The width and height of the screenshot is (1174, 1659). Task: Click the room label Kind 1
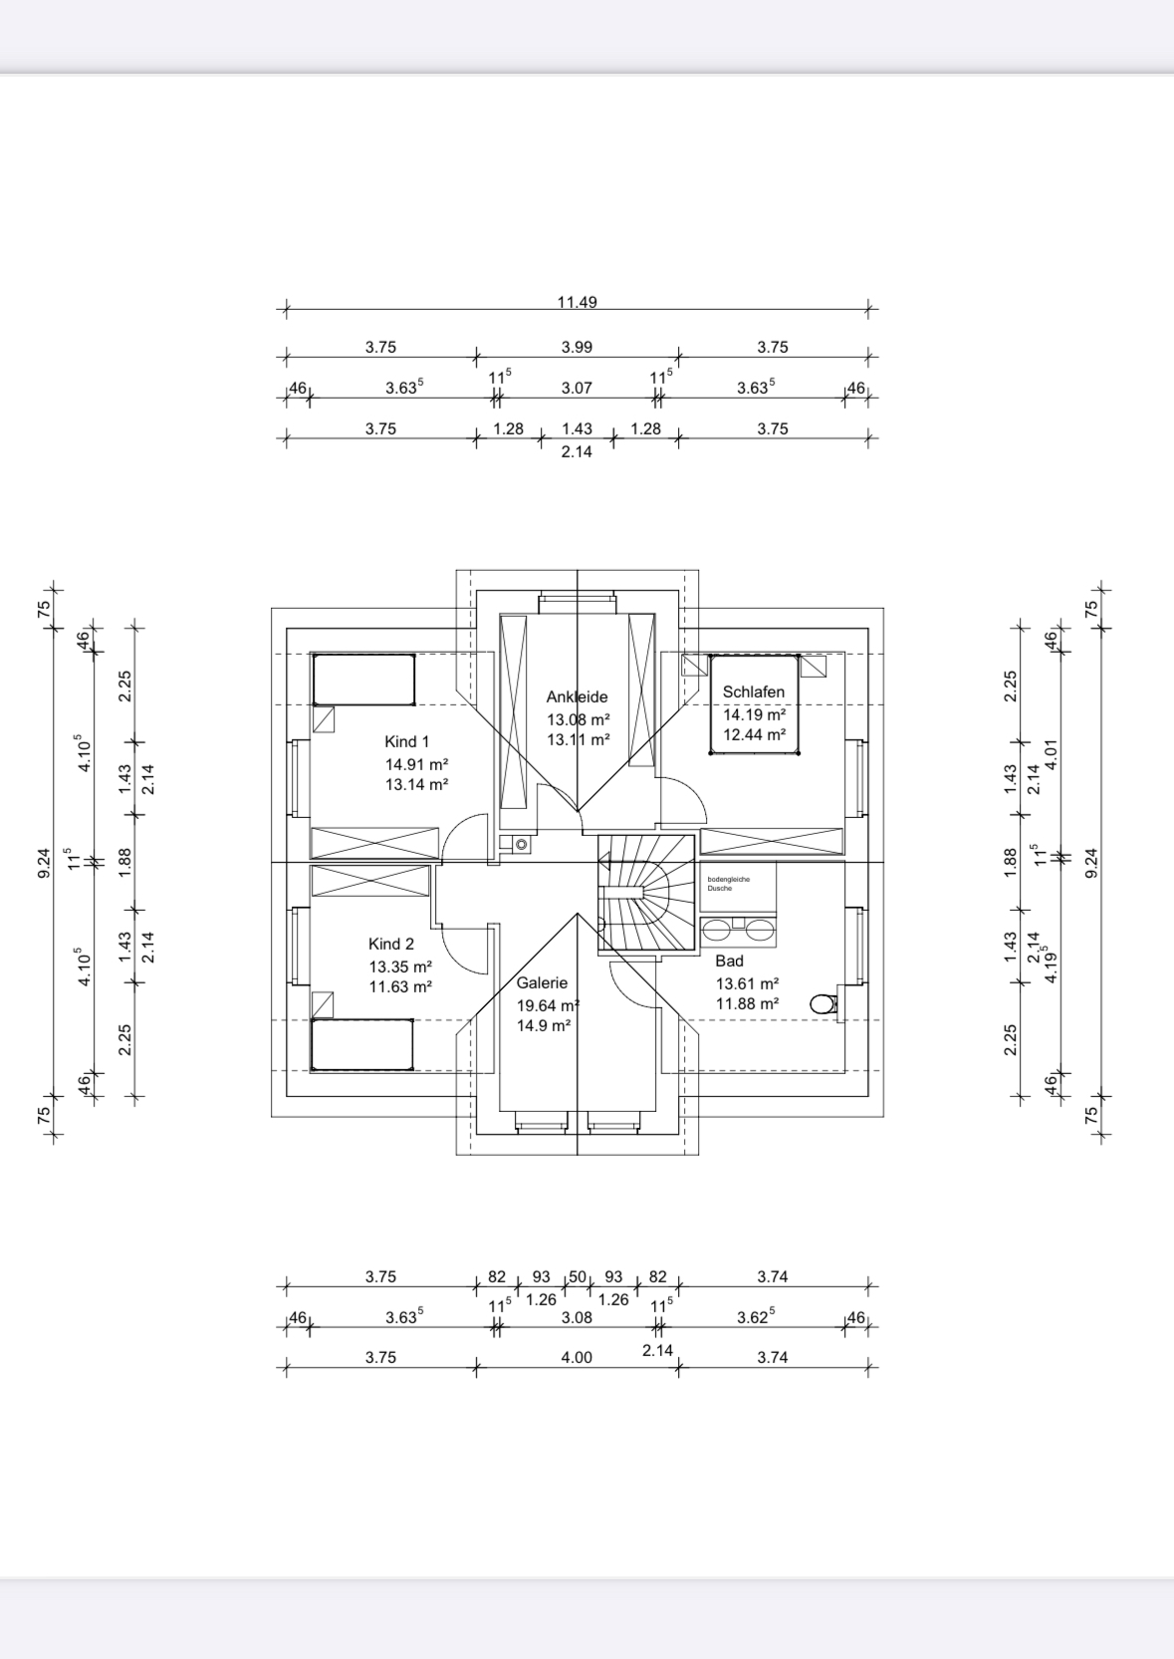coord(406,741)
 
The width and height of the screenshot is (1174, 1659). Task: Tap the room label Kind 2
coord(390,944)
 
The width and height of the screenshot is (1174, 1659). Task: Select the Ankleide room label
coord(577,696)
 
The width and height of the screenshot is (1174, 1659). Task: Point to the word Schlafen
coord(754,691)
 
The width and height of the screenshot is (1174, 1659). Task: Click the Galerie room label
coord(542,982)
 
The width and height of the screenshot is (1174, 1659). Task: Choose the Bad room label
coord(729,961)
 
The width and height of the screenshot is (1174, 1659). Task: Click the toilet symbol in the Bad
coord(822,1003)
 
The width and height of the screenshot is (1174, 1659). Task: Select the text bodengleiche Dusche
coord(728,883)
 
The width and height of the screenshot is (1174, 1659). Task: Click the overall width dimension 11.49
coord(578,302)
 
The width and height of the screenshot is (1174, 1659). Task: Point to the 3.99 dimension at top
coord(577,347)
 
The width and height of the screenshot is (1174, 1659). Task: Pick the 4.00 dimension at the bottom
coord(577,1357)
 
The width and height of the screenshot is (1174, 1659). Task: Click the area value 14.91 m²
coord(416,764)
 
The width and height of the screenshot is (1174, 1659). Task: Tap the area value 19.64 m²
coord(548,1005)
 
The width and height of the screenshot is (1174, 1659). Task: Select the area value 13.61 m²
coord(747,983)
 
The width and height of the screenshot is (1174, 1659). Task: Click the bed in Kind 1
coord(364,680)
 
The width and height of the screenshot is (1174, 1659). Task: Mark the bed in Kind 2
coord(362,1044)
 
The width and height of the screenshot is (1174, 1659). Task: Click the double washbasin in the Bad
coord(738,931)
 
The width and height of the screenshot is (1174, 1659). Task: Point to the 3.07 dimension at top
coord(577,388)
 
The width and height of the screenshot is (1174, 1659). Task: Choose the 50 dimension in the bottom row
coord(578,1276)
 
